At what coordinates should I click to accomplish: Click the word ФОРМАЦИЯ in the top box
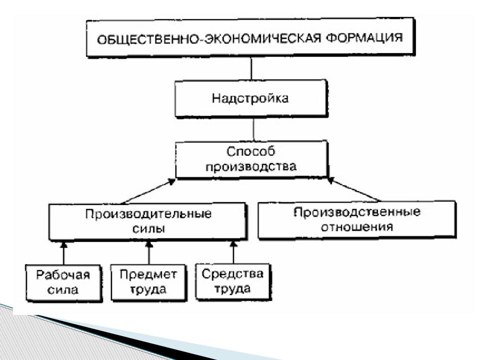(x=364, y=37)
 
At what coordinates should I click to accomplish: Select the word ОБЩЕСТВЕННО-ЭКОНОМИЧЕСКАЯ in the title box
(x=209, y=39)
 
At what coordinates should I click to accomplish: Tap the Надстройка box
(x=251, y=98)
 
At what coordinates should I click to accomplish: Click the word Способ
(x=250, y=151)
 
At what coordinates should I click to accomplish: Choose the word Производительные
(x=148, y=213)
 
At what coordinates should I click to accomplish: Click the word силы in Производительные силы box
(x=148, y=228)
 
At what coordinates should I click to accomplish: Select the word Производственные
(x=357, y=212)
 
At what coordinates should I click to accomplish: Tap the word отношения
(x=357, y=227)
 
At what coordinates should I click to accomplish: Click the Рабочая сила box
(x=63, y=283)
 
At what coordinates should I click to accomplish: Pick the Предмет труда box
(x=148, y=282)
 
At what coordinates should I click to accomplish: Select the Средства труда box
(x=233, y=281)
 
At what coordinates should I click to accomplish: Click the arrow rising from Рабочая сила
(x=63, y=253)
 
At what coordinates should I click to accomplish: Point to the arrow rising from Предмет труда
(x=149, y=252)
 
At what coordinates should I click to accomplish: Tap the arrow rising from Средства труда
(x=233, y=252)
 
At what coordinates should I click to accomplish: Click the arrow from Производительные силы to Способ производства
(x=148, y=191)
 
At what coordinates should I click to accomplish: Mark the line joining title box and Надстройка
(x=251, y=68)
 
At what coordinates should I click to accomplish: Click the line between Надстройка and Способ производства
(x=253, y=129)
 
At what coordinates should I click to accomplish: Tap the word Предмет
(x=148, y=274)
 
